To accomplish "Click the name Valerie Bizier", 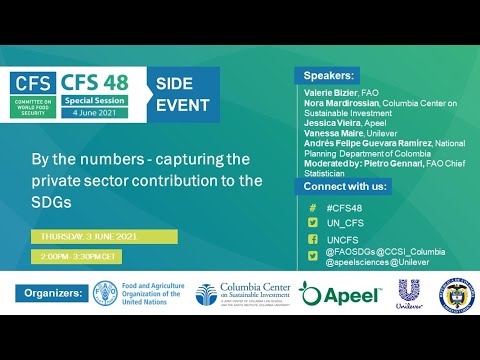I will coord(328,93).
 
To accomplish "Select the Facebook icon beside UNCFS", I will coord(312,241).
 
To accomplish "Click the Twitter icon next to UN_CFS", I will coord(312,223).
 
